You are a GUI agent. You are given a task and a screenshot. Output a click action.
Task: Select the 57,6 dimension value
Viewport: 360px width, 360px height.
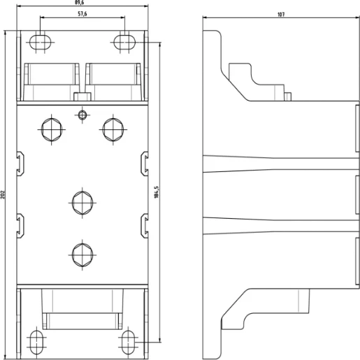coord(82,14)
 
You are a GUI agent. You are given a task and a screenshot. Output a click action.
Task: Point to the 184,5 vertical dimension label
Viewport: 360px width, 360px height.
coord(157,191)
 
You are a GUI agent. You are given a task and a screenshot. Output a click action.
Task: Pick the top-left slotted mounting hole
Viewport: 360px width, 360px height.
coord(41,41)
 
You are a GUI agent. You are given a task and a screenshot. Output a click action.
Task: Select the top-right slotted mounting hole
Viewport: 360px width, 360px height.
coord(124,41)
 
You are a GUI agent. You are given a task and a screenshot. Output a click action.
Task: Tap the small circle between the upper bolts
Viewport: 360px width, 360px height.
coord(82,114)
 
